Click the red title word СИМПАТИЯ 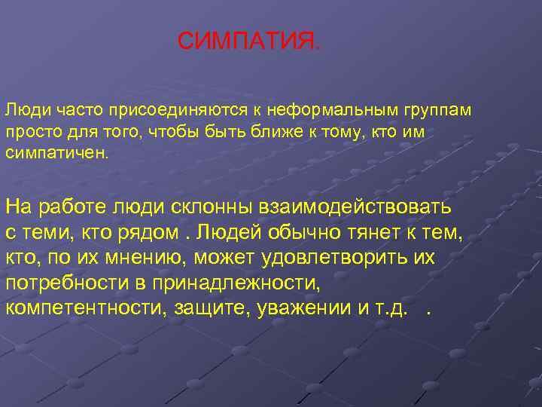click(248, 41)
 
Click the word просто click(28, 132)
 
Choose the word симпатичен click(58, 153)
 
